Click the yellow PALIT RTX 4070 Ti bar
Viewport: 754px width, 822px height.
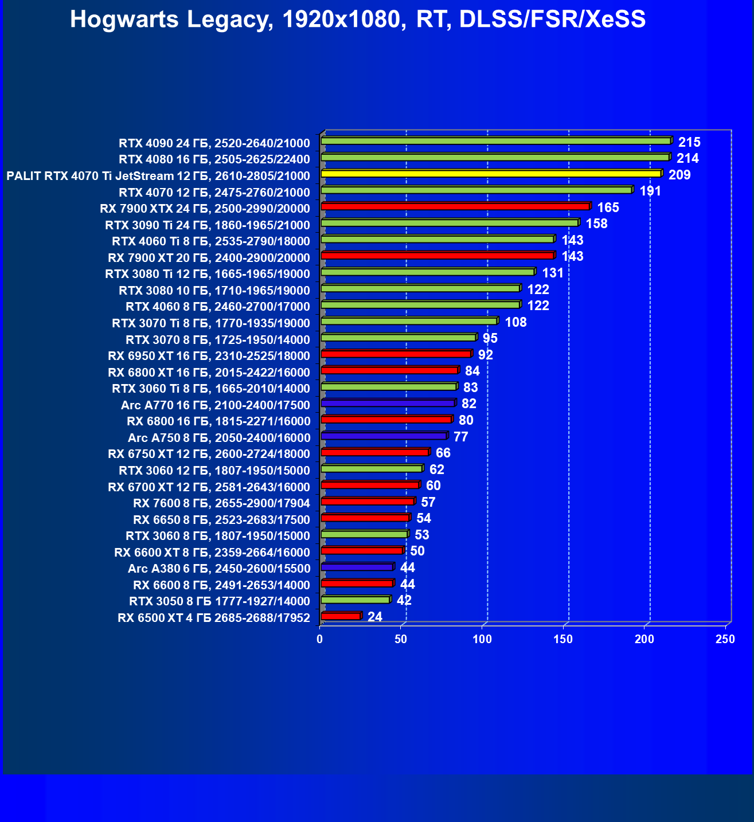[x=491, y=174]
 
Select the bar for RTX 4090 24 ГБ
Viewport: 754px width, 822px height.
[x=496, y=141]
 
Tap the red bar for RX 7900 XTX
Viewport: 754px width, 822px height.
[x=455, y=206]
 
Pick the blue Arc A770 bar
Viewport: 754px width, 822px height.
[x=388, y=404]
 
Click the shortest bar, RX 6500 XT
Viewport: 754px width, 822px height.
[x=341, y=616]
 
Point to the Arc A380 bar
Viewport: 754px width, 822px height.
[x=357, y=567]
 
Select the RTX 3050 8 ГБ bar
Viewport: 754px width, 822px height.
[x=355, y=600]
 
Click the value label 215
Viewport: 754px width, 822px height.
[x=689, y=142]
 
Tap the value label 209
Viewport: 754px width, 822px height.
[x=679, y=175]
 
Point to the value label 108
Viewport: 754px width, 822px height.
[x=515, y=322]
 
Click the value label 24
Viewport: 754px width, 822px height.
[x=375, y=617]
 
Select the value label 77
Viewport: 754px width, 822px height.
[x=460, y=437]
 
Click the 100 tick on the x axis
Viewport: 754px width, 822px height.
[x=482, y=639]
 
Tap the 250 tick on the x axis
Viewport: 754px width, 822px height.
[x=725, y=639]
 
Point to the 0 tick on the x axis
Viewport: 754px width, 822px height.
[x=320, y=639]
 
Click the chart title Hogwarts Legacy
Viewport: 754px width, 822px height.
[x=358, y=19]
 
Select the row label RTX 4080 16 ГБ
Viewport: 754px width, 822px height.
[x=214, y=159]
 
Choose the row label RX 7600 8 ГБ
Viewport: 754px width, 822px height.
[x=221, y=503]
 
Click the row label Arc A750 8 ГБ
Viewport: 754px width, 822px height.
[x=219, y=438]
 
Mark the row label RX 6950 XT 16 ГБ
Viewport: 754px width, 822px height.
[x=209, y=356]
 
